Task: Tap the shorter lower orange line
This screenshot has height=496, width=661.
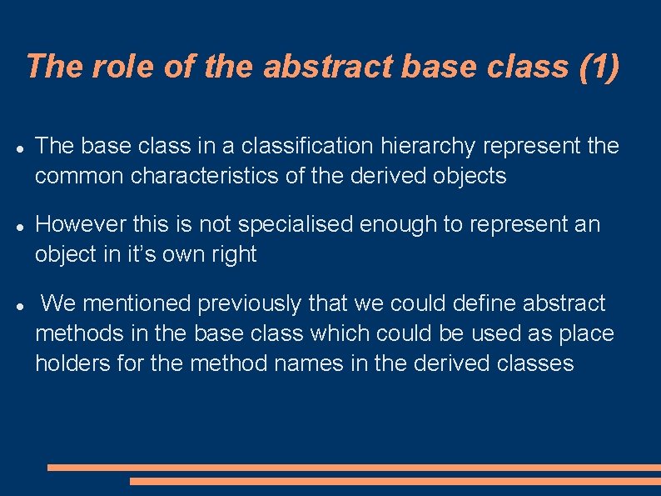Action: click(x=395, y=481)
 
